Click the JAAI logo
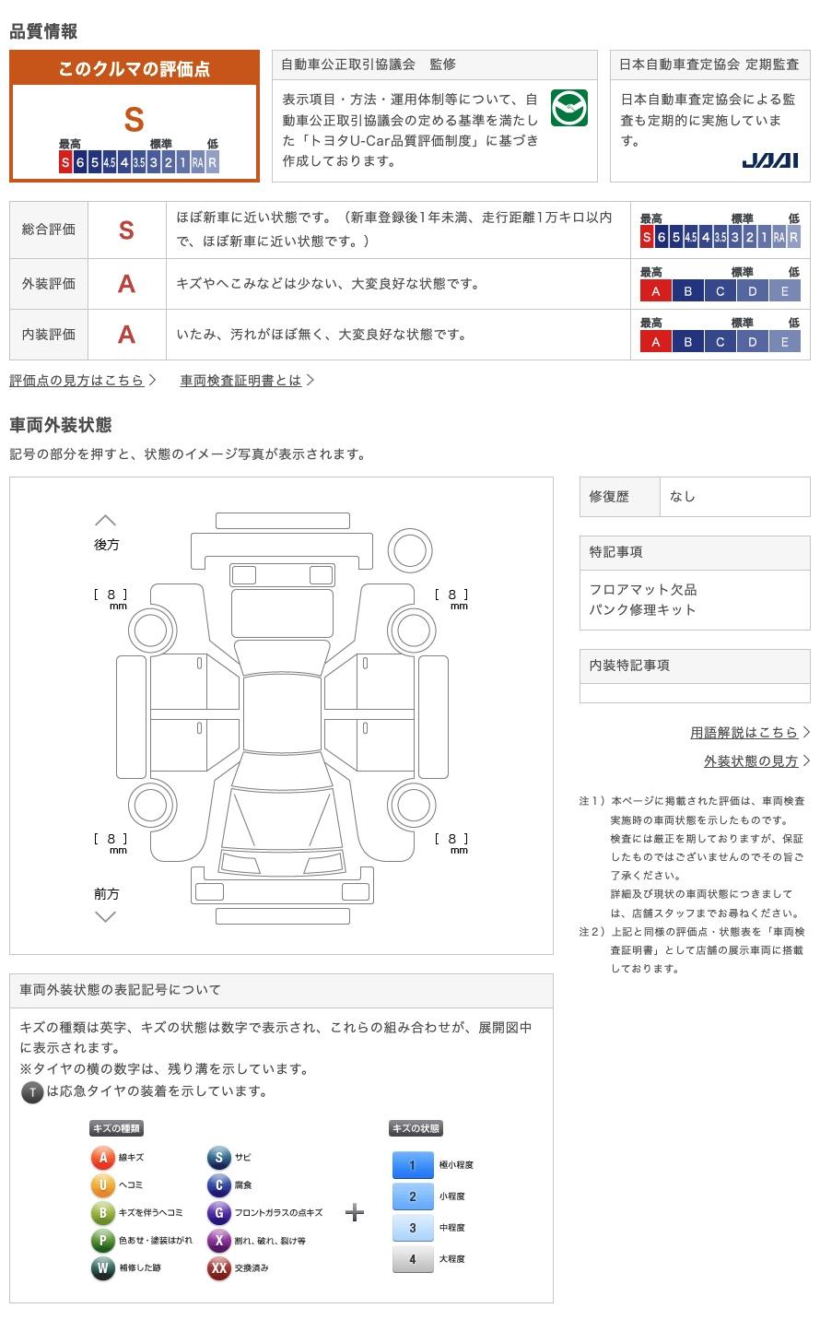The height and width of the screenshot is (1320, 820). [769, 160]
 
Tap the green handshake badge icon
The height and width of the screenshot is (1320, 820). [568, 108]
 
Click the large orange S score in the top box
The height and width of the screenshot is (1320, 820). [135, 120]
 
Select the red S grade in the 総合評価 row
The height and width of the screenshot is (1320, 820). [126, 230]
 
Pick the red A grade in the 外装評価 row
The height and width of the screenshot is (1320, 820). [126, 284]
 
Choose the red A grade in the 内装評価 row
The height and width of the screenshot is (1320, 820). [126, 335]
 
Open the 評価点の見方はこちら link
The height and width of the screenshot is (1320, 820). [77, 380]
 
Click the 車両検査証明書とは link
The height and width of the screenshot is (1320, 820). [241, 380]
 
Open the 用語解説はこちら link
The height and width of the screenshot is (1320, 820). [744, 732]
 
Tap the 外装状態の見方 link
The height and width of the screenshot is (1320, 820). [751, 760]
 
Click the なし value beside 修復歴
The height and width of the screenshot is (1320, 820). [683, 496]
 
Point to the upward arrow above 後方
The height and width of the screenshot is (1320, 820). [106, 521]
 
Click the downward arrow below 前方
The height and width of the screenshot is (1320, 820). [106, 916]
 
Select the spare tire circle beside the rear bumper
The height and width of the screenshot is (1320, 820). [409, 551]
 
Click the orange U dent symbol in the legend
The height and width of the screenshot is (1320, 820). [102, 1184]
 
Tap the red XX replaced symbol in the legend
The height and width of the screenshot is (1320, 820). [218, 1268]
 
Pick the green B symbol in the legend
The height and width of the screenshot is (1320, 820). [102, 1213]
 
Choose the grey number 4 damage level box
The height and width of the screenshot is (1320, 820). [412, 1259]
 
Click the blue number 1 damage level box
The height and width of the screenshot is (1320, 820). [412, 1165]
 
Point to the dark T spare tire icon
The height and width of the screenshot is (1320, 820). [32, 1092]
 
